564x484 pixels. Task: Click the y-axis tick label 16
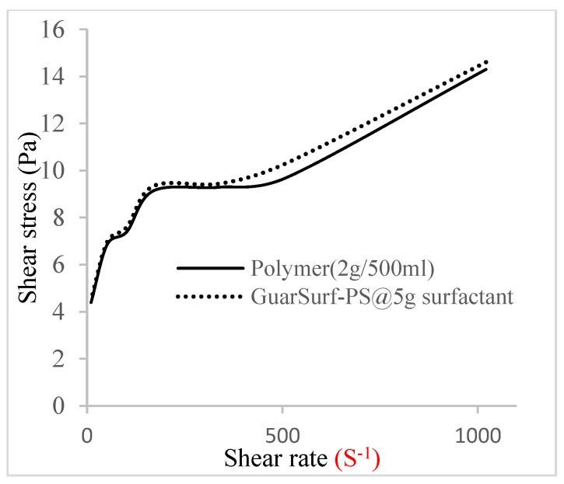point(58,30)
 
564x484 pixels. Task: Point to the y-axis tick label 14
point(58,77)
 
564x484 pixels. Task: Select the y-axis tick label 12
point(58,124)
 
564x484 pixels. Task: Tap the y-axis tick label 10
point(58,171)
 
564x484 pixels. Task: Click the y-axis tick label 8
point(65,218)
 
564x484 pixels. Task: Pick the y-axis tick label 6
point(65,265)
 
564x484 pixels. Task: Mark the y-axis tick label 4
point(65,312)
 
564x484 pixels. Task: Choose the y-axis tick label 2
point(65,359)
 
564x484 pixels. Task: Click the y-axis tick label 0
point(65,406)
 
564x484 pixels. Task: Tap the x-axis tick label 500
point(282,433)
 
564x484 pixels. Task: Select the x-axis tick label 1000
point(477,433)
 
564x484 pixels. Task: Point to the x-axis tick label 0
point(86,433)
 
